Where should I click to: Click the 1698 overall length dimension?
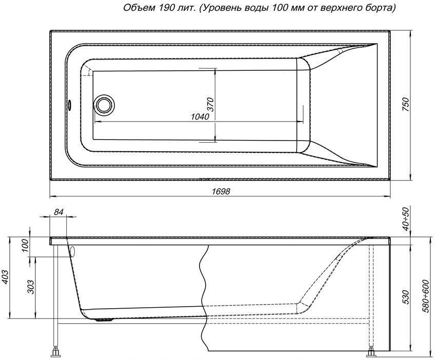coord(221,191)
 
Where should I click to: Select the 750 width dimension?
coord(406,104)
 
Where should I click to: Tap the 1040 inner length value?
coord(200,117)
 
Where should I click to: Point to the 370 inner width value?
coord(211,104)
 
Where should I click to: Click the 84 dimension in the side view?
coord(58,212)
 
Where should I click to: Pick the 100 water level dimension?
coord(25,245)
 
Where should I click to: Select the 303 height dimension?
coord(31,287)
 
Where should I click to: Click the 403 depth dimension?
coord(5,277)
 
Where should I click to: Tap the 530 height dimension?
coord(406,297)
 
